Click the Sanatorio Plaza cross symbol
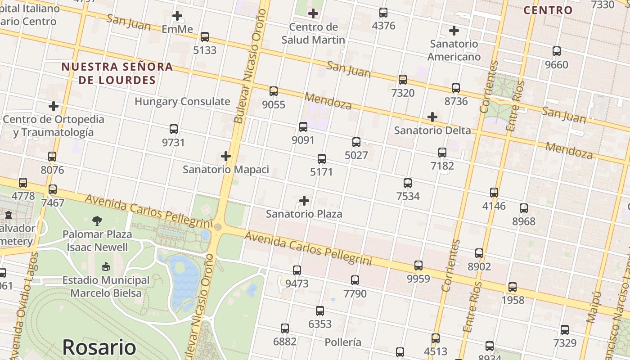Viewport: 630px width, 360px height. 304,200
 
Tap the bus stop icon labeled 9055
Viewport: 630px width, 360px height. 273,91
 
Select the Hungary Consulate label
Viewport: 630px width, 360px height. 182,101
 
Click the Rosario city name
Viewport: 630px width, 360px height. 99,347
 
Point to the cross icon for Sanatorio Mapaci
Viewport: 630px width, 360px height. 226,156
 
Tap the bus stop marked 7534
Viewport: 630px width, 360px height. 408,183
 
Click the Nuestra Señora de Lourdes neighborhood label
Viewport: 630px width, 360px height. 117,73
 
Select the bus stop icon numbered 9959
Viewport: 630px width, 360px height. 418,265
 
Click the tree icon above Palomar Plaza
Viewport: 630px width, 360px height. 97,220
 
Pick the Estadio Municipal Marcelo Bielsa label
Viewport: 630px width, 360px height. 106,287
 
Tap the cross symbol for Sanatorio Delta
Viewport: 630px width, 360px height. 432,117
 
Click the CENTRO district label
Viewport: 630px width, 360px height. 548,10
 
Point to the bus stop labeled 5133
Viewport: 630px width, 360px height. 205,37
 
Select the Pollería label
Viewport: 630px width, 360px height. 342,342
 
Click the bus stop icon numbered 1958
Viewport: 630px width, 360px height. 513,287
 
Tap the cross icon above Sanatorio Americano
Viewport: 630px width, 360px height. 454,31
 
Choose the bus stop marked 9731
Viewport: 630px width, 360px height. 174,129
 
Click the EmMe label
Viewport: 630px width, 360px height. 177,29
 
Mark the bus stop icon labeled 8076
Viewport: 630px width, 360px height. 52,157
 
